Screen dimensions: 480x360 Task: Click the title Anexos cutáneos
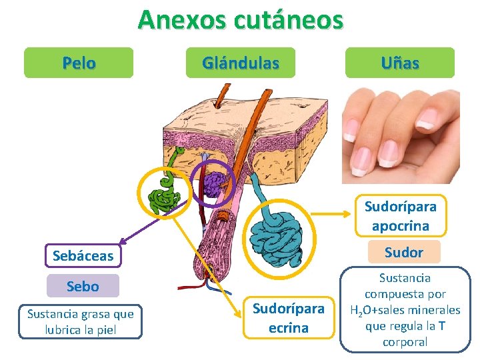point(240,20)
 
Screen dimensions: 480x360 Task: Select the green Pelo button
point(79,63)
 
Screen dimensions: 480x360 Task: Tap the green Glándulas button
point(240,63)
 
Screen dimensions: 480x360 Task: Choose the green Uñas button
point(400,63)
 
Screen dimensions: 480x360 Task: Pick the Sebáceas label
point(83,255)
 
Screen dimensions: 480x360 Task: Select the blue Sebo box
point(83,287)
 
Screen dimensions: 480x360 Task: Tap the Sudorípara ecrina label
point(289,318)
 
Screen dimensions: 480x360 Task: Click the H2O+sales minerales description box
point(405,310)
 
